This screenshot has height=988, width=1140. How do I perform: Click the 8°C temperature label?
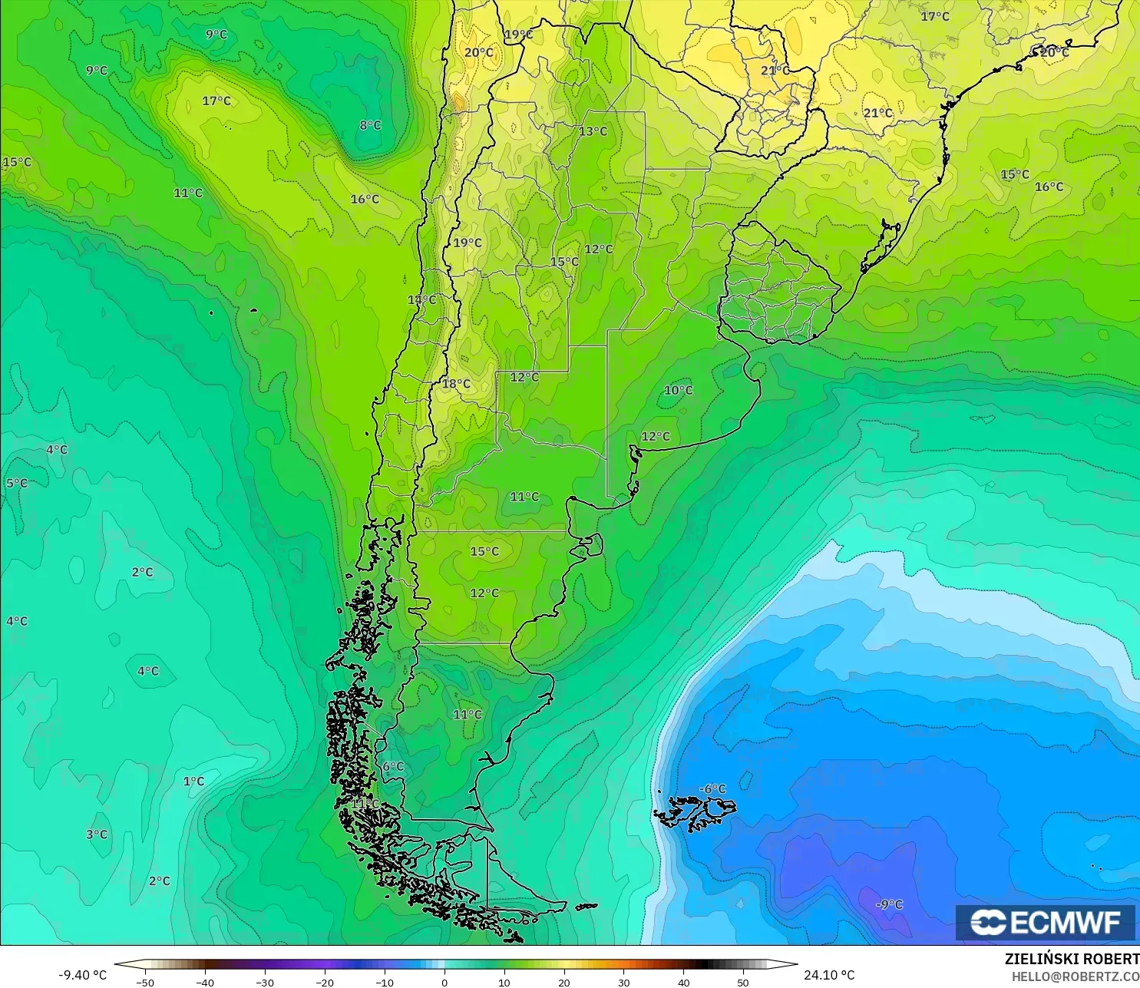pos(370,125)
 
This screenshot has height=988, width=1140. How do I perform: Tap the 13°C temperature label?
pos(593,131)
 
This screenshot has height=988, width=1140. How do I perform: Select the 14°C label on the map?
pos(421,299)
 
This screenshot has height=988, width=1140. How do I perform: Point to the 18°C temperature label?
pos(456,384)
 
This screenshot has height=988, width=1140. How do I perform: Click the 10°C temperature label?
pos(678,390)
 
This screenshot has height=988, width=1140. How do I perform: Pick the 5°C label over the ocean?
pos(17,484)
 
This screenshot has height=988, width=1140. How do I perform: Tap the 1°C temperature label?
pos(193,781)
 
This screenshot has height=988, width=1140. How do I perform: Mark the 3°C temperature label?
pos(97,834)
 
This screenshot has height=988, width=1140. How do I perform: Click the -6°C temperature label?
pos(712,789)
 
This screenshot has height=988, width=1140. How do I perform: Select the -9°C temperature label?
pos(889,904)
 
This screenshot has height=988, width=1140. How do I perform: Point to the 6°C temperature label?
pos(393,767)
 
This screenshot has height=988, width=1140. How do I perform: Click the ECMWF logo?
pos(1045,922)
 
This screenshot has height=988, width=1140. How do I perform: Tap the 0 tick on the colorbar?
pos(444,982)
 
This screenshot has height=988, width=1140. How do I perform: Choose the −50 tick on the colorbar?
pos(145,982)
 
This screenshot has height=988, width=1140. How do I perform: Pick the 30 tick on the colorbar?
pos(624,982)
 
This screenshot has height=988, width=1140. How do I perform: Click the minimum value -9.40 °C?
pos(82,975)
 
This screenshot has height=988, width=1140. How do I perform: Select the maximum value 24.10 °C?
pos(829,975)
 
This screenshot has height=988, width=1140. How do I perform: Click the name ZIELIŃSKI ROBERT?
pos(1072,959)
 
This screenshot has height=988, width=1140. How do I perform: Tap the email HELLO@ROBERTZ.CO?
pos(1075,976)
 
